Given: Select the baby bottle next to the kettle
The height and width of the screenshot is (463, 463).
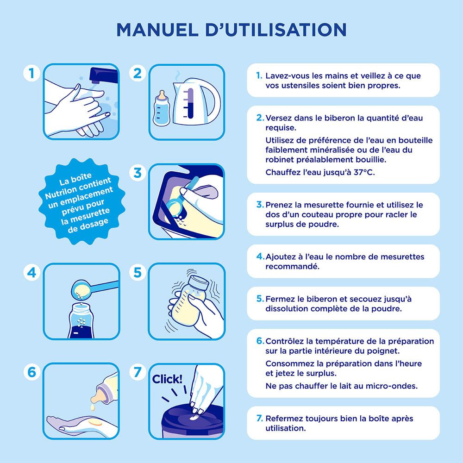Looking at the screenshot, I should click(162, 107).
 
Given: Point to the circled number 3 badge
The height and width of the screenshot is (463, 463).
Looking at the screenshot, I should click(137, 173).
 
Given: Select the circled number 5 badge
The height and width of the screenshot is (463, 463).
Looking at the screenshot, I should click(137, 273).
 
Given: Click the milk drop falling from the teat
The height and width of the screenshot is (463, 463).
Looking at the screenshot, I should click(92, 407).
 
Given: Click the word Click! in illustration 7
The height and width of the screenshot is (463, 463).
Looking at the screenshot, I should click(167, 379).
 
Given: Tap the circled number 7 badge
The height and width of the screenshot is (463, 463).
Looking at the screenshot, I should click(137, 372).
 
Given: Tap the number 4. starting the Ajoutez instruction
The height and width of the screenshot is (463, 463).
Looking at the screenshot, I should click(260, 257).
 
